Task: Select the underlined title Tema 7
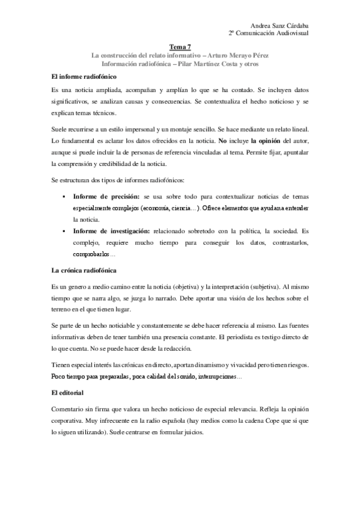click(180, 46)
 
